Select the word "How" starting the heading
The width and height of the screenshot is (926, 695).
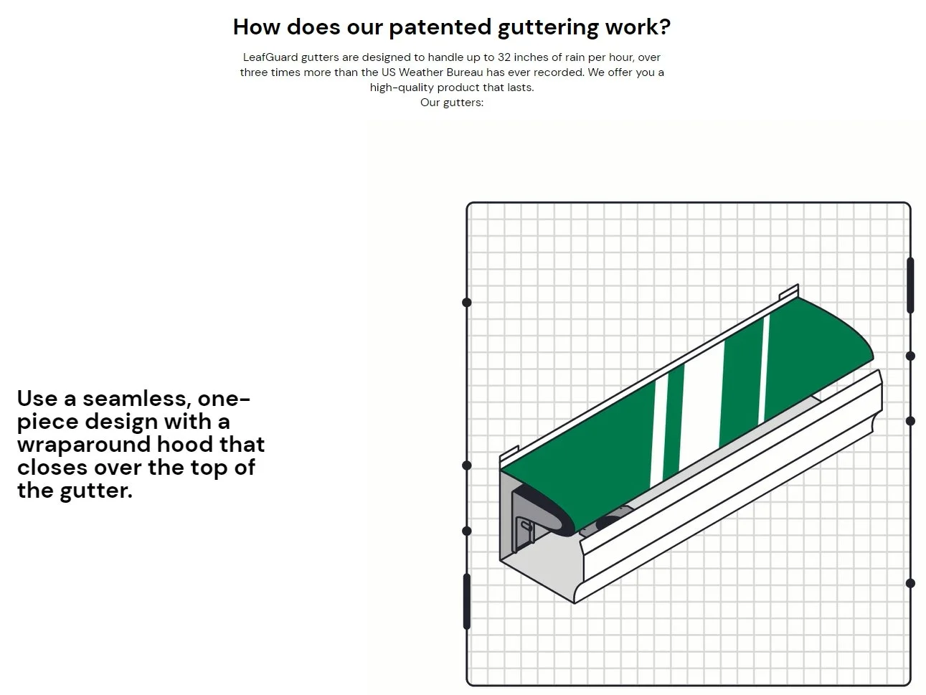tap(256, 27)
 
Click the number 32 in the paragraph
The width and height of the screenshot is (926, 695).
tap(504, 57)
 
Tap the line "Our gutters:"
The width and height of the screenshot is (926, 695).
tap(452, 103)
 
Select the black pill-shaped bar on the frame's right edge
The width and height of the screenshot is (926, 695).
tap(910, 285)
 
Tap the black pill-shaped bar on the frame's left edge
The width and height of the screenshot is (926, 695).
tap(467, 601)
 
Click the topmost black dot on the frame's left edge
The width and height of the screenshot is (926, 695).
tap(467, 302)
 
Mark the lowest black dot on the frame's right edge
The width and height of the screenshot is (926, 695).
tap(910, 583)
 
